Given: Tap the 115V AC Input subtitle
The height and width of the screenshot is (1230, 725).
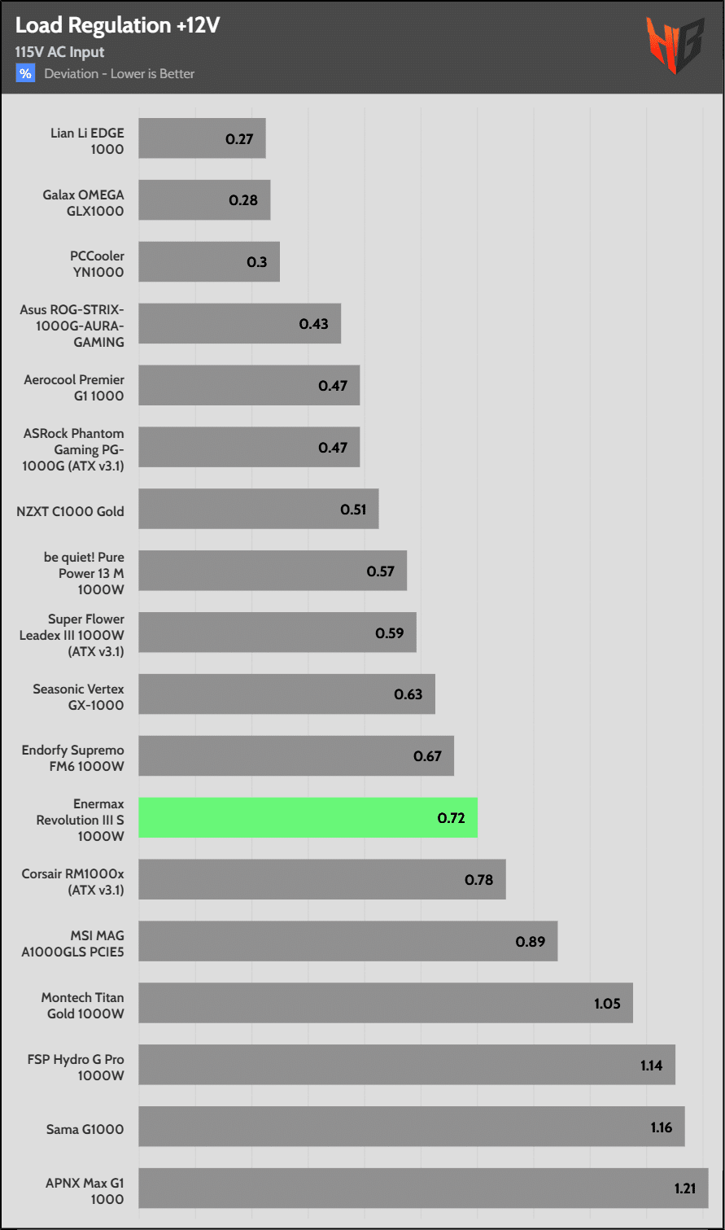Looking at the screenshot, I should (x=59, y=52).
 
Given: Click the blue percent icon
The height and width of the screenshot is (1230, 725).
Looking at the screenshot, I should (x=25, y=73).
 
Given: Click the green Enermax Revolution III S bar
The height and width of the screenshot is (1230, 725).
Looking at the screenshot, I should (x=308, y=817).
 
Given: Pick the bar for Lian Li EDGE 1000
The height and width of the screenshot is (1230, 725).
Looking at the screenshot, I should (x=202, y=138).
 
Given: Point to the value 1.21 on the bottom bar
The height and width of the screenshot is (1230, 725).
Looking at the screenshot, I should (x=684, y=1188).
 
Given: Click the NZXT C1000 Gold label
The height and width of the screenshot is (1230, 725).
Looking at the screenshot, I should (x=70, y=511).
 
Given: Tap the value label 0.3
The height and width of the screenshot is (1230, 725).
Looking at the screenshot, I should (x=256, y=262).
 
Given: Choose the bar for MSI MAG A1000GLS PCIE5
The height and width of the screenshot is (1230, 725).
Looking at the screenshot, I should (x=347, y=941).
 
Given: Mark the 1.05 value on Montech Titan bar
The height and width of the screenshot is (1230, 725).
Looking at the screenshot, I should (x=607, y=1003).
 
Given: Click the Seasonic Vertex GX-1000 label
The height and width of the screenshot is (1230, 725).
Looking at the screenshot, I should (x=78, y=697).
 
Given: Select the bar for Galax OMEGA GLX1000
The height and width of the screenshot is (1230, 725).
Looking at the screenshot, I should (x=204, y=200).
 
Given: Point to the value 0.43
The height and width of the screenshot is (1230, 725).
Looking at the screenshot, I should (x=313, y=324).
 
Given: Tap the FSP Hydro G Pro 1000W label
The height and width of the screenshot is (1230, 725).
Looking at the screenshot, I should (x=76, y=1067).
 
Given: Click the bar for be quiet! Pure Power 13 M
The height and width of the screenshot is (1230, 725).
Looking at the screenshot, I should (x=273, y=571).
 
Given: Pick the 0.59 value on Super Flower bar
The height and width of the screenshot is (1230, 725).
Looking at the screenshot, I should (x=389, y=633).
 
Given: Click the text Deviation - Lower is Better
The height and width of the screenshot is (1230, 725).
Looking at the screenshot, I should (x=119, y=74).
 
